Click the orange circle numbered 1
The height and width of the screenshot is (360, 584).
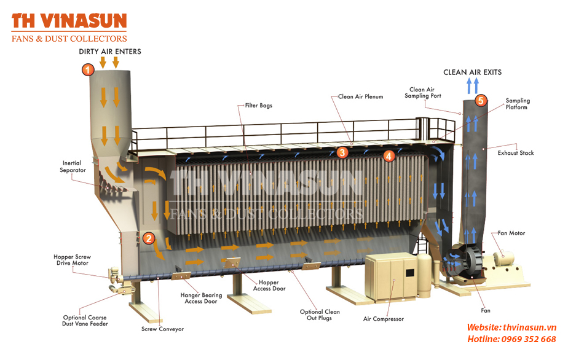88,69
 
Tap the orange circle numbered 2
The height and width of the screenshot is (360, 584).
149,238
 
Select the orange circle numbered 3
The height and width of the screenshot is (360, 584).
342,152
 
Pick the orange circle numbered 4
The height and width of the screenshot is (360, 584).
389,155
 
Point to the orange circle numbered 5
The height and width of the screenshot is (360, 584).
481,100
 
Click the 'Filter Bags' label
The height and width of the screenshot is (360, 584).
258,105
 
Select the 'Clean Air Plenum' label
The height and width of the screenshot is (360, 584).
360,96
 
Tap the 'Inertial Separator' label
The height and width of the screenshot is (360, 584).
73,166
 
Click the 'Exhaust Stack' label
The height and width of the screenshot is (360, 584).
516,152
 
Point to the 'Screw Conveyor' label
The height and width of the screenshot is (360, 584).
162,329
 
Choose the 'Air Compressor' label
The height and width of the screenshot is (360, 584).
383,319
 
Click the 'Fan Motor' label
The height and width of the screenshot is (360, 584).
511,233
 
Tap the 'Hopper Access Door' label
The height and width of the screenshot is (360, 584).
269,286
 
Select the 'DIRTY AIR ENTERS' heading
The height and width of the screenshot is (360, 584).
110,52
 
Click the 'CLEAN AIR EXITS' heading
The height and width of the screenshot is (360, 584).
472,72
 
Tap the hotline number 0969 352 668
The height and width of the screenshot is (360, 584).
529,339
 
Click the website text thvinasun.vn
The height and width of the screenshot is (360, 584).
530,327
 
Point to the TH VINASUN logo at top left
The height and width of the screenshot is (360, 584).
69,27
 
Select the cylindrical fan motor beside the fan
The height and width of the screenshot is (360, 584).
504,257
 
